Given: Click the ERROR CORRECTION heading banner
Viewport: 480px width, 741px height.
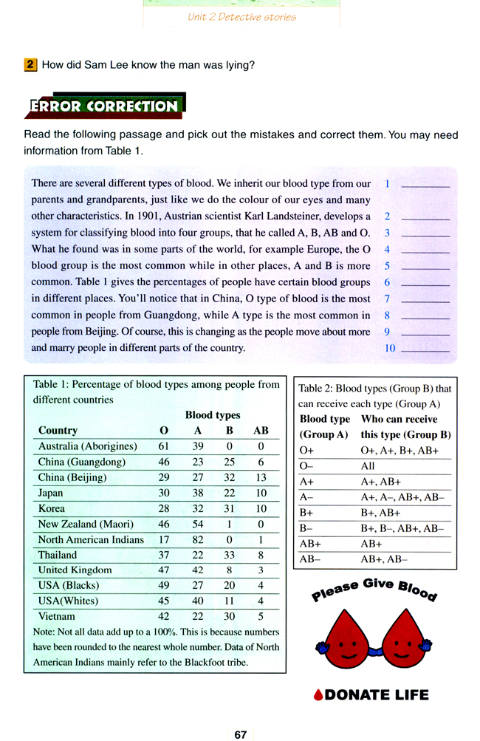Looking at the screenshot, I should coord(103,106).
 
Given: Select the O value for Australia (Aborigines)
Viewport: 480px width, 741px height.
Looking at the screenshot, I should coord(164,446).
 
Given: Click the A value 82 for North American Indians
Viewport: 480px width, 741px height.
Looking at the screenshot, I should coord(197,539).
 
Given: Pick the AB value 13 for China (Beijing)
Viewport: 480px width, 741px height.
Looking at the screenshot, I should coord(261,477).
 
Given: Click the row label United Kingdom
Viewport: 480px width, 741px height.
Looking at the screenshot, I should coord(75,570).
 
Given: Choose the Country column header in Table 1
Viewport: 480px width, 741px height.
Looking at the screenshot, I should coord(58,430).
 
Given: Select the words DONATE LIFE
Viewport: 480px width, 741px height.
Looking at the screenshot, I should coord(371,694).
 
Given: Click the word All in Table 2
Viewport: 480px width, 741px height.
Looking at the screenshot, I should coord(367,466).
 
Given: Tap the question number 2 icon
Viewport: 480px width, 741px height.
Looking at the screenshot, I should coord(31,65).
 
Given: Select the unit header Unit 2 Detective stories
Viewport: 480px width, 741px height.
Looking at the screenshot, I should coord(241,17).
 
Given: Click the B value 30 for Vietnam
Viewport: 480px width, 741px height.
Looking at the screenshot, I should coord(229,616).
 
